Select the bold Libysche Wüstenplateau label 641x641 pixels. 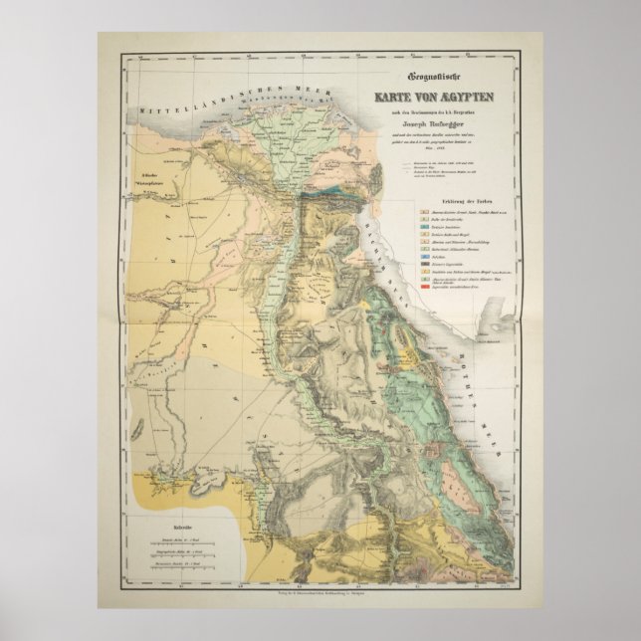(x=149, y=181)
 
